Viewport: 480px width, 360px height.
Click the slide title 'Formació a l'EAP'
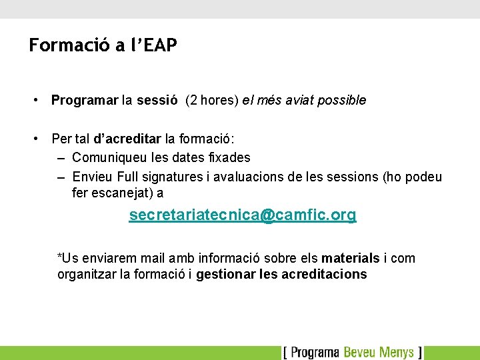(103, 45)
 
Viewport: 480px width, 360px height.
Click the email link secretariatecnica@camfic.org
(243, 215)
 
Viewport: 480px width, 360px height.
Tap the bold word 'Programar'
(85, 101)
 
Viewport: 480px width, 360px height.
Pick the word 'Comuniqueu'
(103, 158)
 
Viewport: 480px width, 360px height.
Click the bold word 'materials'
(351, 258)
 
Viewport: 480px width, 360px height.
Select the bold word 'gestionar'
(224, 275)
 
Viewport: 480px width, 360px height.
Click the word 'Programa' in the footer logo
(315, 352)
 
